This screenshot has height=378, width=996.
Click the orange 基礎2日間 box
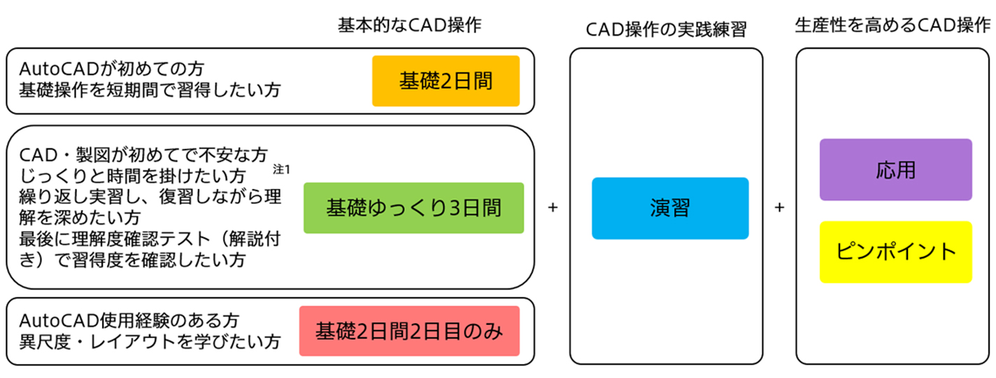[446, 81]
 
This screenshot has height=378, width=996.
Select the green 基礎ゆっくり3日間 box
[413, 208]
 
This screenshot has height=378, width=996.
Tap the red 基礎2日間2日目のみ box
[409, 331]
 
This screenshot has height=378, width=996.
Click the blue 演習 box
[670, 209]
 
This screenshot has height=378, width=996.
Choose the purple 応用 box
[895, 170]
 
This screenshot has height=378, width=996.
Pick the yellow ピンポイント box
[895, 252]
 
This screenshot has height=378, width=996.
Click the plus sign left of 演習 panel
[553, 208]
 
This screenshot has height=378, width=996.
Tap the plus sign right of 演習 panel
[780, 208]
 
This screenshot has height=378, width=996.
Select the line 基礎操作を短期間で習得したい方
[150, 90]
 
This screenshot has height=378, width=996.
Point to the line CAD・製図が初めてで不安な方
[143, 153]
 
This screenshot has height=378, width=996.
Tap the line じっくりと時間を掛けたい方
[133, 174]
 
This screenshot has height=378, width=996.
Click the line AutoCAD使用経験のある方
[129, 321]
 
